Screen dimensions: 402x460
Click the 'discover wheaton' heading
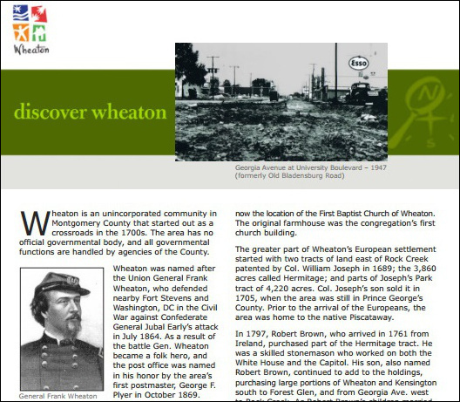point(89,112)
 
